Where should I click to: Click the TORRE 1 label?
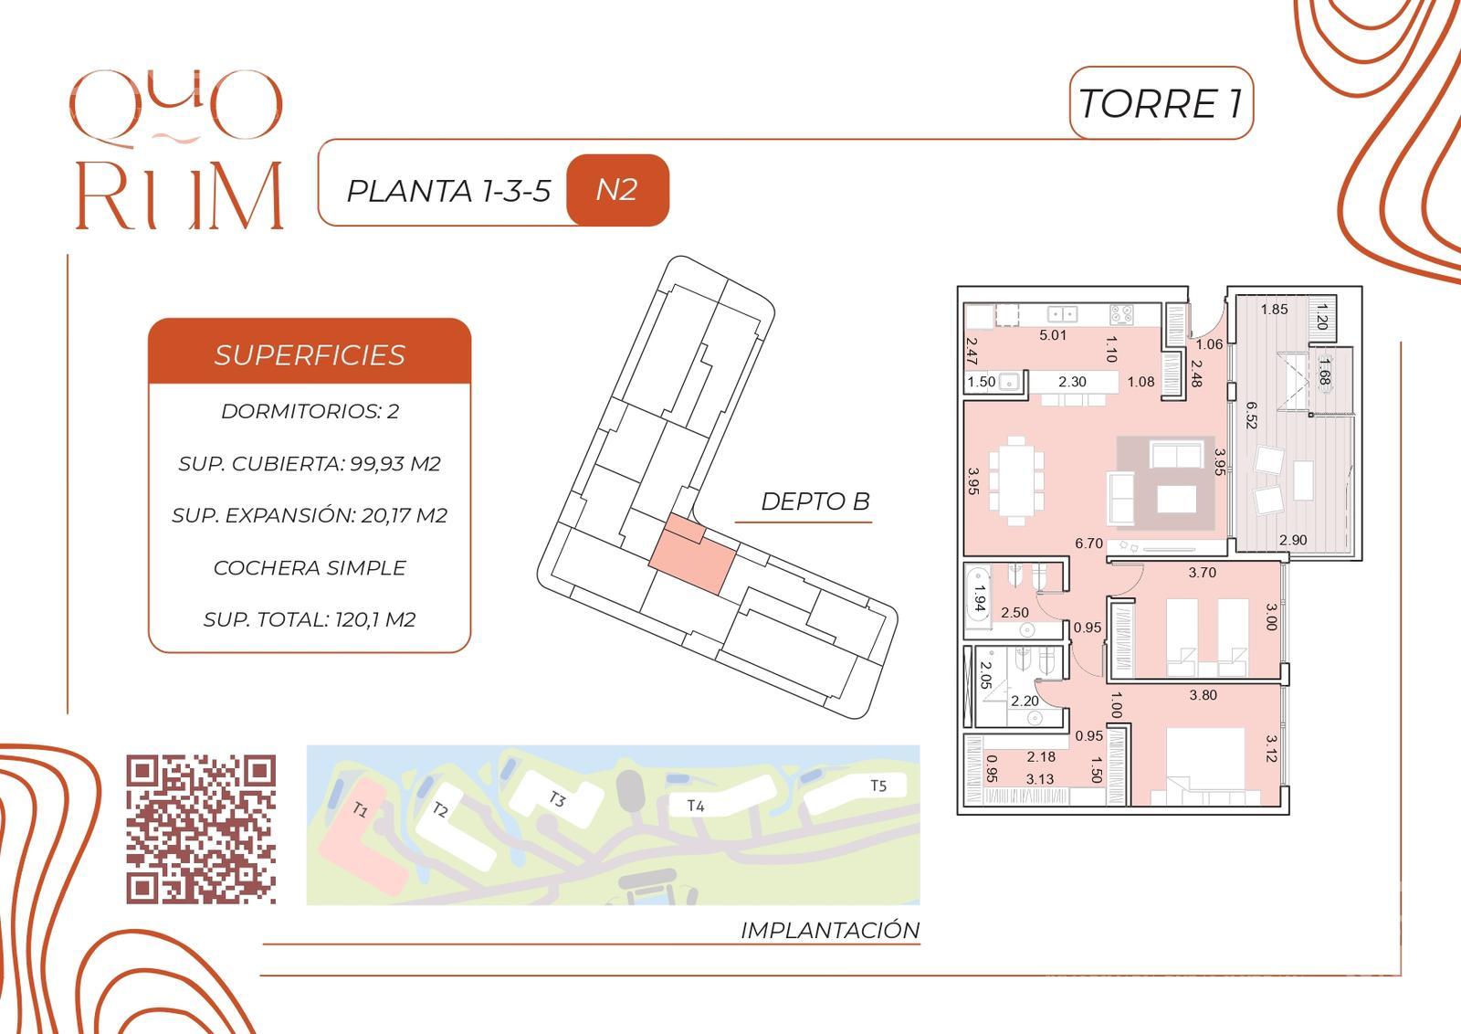click(1161, 104)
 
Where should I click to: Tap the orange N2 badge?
click(617, 190)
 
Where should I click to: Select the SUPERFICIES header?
click(310, 355)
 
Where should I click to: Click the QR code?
click(201, 829)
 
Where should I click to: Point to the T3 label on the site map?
click(556, 798)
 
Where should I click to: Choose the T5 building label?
click(878, 786)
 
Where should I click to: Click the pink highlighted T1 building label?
click(361, 810)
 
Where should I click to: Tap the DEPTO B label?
click(815, 501)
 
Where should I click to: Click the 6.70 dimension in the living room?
click(1088, 543)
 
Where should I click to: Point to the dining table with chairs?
click(1016, 480)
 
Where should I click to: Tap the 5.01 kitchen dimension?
click(1053, 335)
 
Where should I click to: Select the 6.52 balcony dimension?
click(1251, 415)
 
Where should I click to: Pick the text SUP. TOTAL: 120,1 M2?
click(310, 619)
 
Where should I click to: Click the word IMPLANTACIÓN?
click(830, 930)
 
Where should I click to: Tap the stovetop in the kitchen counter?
click(1121, 314)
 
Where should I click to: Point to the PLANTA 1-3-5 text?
click(448, 191)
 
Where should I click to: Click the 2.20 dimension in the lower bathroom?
click(1025, 701)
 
